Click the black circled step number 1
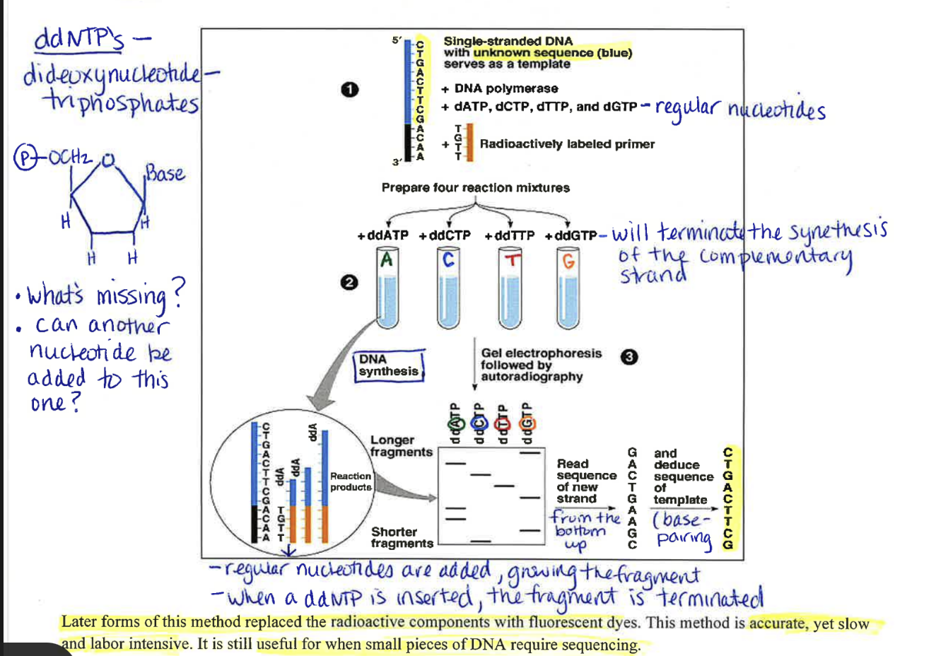(349, 90)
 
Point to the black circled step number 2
(348, 283)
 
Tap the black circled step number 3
(628, 357)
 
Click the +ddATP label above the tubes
(382, 235)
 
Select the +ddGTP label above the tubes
(571, 235)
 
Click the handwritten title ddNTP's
(78, 40)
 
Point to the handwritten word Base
(165, 173)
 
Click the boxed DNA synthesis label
(388, 365)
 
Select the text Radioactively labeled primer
(567, 144)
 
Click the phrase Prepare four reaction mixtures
(475, 188)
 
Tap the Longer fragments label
(401, 446)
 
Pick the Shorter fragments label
(402, 537)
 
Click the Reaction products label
(351, 481)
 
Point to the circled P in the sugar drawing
(25, 157)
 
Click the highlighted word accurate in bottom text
(778, 623)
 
